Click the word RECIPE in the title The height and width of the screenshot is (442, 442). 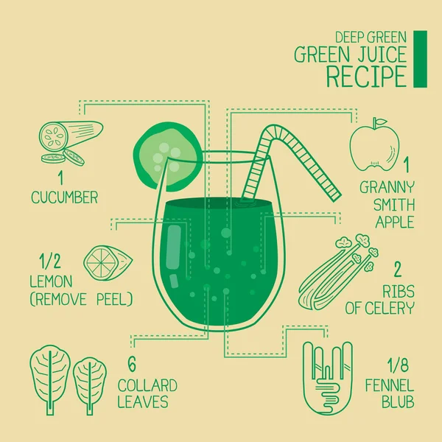tap(366, 77)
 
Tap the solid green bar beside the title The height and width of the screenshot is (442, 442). tap(420, 59)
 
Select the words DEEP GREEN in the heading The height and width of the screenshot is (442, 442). tap(371, 37)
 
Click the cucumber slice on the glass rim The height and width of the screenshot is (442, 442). tap(167, 155)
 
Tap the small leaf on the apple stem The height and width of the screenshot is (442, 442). tap(381, 122)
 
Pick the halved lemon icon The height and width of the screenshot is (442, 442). tap(108, 263)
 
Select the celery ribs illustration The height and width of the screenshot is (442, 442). tap(338, 272)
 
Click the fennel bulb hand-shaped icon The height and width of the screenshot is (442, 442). tap(328, 379)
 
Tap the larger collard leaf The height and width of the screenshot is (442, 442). tap(50, 379)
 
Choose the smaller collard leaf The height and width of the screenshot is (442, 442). tap(90, 385)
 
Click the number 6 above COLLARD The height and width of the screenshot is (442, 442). tap(132, 364)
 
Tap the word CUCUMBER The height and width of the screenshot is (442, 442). tap(65, 197)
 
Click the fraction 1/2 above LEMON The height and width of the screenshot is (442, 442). tap(50, 261)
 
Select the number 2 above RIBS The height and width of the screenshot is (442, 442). tap(397, 269)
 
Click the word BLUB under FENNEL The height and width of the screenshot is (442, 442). tap(398, 401)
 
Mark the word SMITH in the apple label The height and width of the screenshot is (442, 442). tap(394, 205)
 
